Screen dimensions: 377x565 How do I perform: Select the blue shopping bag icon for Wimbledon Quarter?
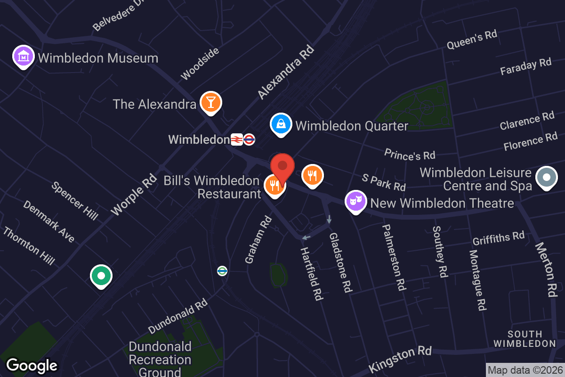[x=281, y=124]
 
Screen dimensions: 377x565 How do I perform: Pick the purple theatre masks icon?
[x=356, y=202]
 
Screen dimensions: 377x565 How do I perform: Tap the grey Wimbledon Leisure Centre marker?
[x=547, y=178]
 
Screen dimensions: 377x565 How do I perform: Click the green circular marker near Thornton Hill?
[x=101, y=276]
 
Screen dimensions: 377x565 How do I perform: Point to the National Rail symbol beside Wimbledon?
[x=236, y=139]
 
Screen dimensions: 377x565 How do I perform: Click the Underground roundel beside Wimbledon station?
[x=250, y=139]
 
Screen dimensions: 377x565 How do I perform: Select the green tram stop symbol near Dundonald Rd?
[x=222, y=270]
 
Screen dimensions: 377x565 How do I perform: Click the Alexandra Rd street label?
[x=286, y=72]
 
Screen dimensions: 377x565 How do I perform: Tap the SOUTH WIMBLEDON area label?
[x=525, y=339]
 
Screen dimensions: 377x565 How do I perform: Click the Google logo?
[x=32, y=365]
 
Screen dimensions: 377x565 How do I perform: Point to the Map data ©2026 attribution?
[x=525, y=370]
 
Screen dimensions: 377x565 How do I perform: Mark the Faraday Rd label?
[x=525, y=66]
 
